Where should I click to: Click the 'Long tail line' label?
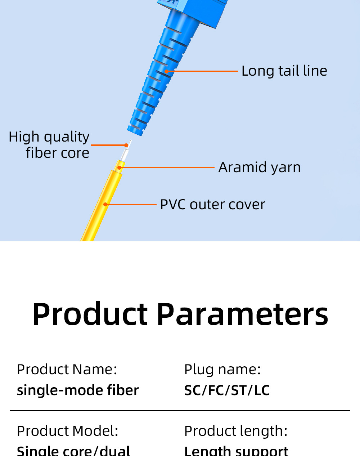[x=284, y=71]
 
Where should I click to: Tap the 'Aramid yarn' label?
[x=259, y=167]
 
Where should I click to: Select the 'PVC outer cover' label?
[x=212, y=205]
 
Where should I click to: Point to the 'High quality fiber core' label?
[x=49, y=145]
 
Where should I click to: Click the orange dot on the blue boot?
[x=167, y=71]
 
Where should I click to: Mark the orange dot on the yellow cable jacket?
[x=105, y=205]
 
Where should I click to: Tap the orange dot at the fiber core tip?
[x=126, y=145]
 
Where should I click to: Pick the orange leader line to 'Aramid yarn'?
[x=167, y=167]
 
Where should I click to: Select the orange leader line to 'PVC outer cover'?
[x=131, y=205]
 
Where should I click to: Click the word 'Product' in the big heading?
[x=90, y=314]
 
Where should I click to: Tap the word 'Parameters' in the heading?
[x=242, y=314]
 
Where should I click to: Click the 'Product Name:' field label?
[x=67, y=370]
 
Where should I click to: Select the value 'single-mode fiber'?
[x=78, y=390]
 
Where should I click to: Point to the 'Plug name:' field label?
[x=222, y=370]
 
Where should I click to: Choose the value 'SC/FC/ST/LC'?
[x=227, y=390]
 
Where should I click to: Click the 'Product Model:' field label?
[x=67, y=431]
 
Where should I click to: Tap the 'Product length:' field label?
[x=236, y=431]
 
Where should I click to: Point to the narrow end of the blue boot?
[x=136, y=130]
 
